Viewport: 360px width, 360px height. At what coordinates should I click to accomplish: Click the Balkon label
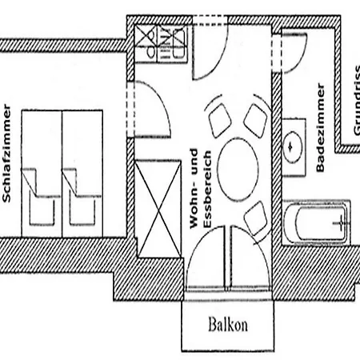pos(228,325)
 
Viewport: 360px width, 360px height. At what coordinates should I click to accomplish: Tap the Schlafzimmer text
pos(6,153)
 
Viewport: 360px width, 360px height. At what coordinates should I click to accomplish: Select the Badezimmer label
pos(320,127)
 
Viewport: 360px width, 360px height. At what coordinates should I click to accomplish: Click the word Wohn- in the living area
pos(194,189)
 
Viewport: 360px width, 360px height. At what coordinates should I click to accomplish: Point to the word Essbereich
pos(207,190)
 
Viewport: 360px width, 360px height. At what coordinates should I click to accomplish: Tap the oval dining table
pos(238,170)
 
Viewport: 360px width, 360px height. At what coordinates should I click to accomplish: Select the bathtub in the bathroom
pos(316,222)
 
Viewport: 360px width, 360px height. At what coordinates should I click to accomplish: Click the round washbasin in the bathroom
pos(292,147)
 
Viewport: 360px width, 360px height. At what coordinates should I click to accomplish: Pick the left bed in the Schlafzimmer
pos(42,174)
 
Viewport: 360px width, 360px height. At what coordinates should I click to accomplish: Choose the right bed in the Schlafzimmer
pos(82,174)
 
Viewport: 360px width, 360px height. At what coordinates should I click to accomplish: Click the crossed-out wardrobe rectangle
pos(158,209)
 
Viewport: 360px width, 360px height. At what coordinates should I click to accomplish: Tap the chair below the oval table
pos(255,218)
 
